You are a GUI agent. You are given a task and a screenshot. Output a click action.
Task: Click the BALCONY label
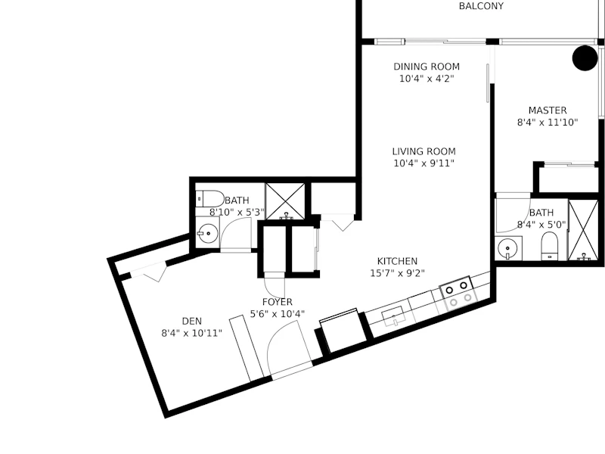481,6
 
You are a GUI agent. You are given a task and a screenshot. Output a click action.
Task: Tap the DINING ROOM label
427,67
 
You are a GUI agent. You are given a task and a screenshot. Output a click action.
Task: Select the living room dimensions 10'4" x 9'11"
423,163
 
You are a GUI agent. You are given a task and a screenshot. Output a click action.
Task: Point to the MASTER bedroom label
548,110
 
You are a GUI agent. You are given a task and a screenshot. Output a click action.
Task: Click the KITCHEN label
397,261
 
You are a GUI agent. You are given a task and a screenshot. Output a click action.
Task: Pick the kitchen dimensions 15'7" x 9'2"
397,273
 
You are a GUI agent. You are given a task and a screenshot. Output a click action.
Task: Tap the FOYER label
277,302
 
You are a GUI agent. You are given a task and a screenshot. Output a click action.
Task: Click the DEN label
192,321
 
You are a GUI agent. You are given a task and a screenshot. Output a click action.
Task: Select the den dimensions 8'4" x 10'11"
192,333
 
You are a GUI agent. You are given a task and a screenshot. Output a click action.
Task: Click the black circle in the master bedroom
585,58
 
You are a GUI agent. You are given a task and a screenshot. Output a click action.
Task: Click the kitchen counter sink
394,317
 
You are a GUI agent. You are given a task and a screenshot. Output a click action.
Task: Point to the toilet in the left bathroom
209,199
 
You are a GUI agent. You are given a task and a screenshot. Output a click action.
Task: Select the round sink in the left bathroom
207,233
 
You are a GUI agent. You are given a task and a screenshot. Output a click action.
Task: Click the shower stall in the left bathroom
285,201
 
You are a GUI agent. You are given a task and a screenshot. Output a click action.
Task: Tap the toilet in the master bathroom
550,246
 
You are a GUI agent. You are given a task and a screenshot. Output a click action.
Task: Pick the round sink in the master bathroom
507,248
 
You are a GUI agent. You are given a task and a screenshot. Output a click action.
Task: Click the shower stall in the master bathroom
584,230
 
